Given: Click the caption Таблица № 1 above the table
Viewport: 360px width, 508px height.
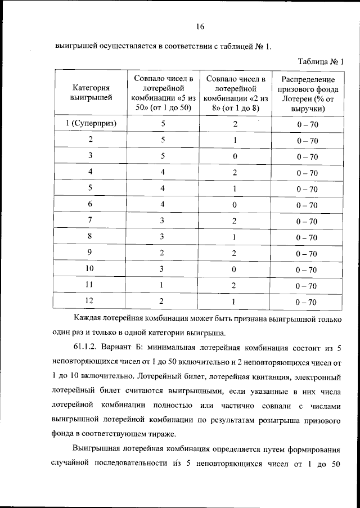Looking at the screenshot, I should click(x=319, y=62).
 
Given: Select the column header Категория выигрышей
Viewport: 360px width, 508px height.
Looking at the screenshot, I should click(x=91, y=93).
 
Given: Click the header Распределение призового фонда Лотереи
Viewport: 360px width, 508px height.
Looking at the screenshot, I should click(x=307, y=93).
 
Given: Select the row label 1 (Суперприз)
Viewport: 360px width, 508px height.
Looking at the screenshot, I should click(x=91, y=124).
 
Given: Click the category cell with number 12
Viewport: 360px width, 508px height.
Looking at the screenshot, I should click(x=89, y=301).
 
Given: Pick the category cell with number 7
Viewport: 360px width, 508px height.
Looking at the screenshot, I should click(x=89, y=221).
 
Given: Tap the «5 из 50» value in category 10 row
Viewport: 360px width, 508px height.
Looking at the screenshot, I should click(x=163, y=269).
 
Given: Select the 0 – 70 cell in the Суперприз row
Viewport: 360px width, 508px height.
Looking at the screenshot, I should click(x=307, y=124).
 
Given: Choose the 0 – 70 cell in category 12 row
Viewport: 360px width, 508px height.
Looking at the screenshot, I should click(x=307, y=302).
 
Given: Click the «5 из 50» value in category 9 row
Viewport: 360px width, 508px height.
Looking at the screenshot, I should click(x=163, y=253).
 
